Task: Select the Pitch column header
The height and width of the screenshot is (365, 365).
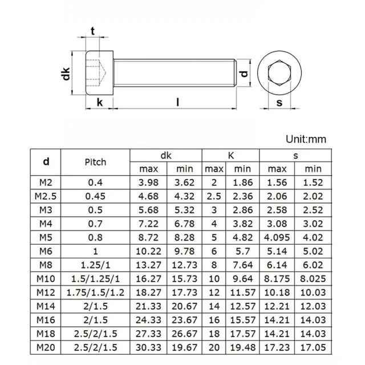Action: point(95,162)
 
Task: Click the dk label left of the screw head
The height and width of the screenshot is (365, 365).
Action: point(67,73)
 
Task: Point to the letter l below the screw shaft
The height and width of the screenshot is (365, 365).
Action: point(177,103)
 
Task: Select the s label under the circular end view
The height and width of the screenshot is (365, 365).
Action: point(279,103)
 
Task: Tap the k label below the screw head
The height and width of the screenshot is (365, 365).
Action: point(99,103)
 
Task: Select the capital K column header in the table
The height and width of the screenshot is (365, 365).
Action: point(231,155)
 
